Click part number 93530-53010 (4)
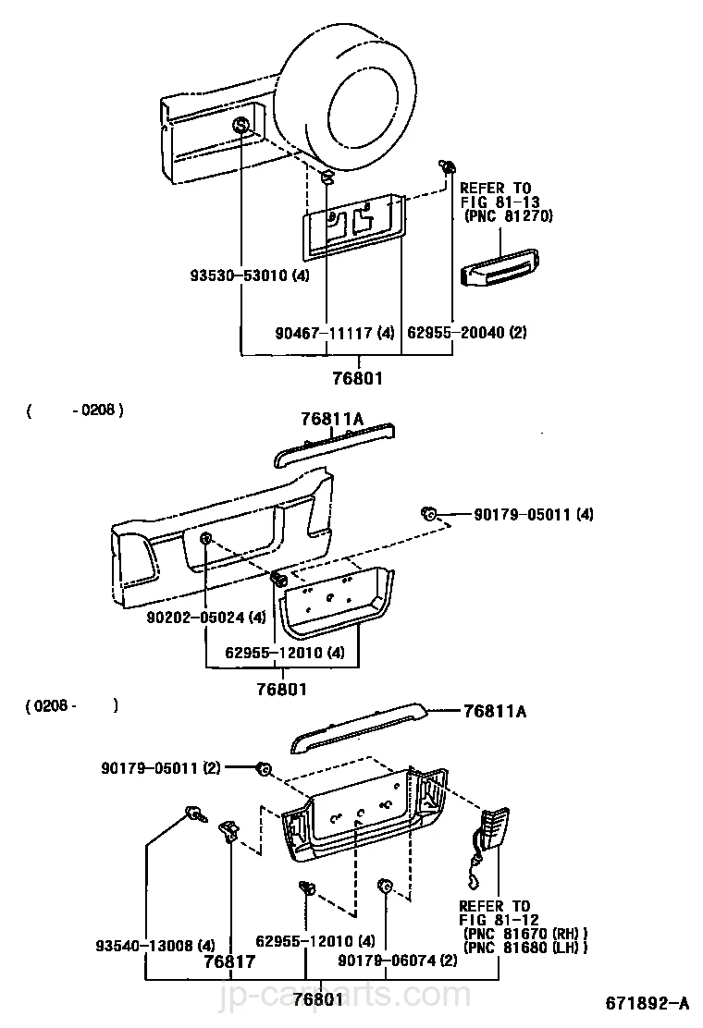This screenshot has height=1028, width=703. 249,275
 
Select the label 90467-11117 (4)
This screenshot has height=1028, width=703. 335,333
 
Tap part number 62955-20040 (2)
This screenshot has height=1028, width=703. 467,333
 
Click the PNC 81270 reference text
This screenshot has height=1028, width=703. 508,215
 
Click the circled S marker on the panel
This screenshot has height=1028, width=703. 240,125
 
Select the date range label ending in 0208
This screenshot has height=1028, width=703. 76,410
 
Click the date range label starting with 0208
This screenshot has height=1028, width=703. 72,706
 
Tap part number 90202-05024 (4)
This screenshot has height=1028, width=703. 206,617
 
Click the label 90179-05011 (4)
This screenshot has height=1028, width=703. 534,514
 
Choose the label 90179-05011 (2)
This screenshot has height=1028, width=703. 161,767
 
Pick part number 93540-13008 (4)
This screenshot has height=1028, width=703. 155,946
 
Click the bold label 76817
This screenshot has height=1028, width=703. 228,961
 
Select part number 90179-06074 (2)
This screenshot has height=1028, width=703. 398,961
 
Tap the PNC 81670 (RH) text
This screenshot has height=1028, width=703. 525,934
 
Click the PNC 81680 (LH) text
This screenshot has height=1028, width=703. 525,948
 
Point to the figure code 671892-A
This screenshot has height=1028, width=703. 647,1003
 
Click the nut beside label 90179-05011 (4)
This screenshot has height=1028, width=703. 429,513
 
